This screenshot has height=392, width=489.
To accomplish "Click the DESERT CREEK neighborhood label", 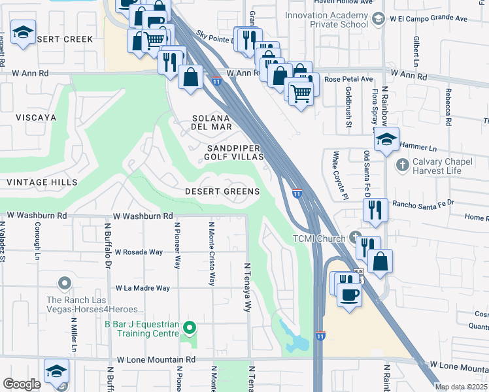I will pyautogui.click(x=65, y=39).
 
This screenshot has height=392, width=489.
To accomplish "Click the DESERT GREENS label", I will pyautogui.click(x=222, y=192).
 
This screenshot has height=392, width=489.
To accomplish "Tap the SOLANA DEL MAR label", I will pyautogui.click(x=212, y=123).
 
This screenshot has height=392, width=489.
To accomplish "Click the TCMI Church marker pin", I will pyautogui.click(x=355, y=237).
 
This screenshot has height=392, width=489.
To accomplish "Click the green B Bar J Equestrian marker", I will pyautogui.click(x=189, y=328).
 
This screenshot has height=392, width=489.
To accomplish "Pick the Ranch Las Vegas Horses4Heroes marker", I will pyautogui.click(x=63, y=283).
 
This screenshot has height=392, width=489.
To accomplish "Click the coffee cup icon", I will pyautogui.click(x=348, y=293).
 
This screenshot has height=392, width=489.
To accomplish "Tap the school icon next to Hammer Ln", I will pyautogui.click(x=386, y=139).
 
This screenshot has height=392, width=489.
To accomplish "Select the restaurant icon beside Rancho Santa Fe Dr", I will pyautogui.click(x=375, y=209).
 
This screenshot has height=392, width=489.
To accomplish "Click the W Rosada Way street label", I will pyautogui.click(x=139, y=252).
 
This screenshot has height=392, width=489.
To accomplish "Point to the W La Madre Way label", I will pyautogui.click(x=143, y=288).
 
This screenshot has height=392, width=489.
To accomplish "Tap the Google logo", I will pyautogui.click(x=22, y=384).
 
